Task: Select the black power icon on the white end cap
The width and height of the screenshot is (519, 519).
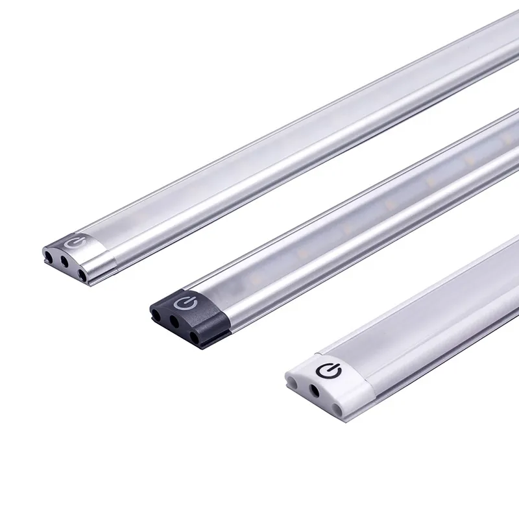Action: coord(326,370)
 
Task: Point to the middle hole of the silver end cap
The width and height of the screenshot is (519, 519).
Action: coord(65,261)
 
